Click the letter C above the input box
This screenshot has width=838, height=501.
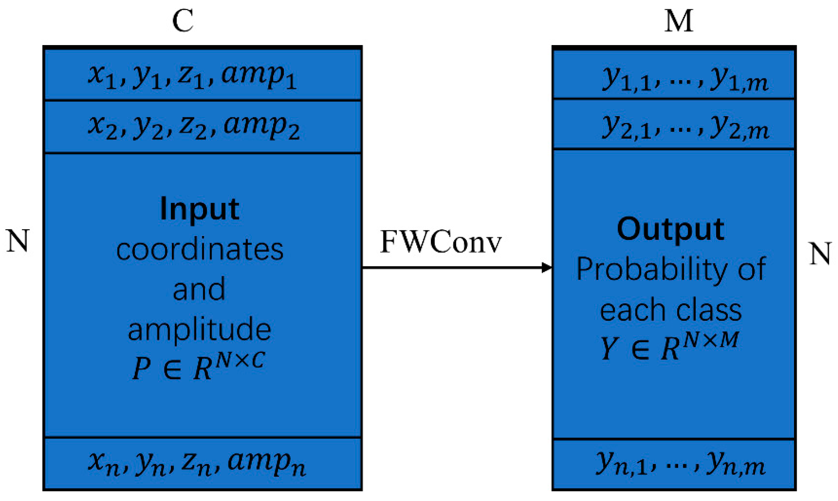[183, 21]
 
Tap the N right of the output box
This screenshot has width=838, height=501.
[820, 254]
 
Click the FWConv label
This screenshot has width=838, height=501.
[440, 242]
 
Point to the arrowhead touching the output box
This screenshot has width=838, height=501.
[547, 267]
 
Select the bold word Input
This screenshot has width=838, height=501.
[199, 209]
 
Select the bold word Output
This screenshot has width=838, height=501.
[670, 229]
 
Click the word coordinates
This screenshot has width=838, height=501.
[199, 250]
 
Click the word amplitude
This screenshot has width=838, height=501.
[199, 330]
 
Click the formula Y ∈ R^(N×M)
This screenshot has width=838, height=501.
[669, 346]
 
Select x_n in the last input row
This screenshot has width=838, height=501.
[103, 463]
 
